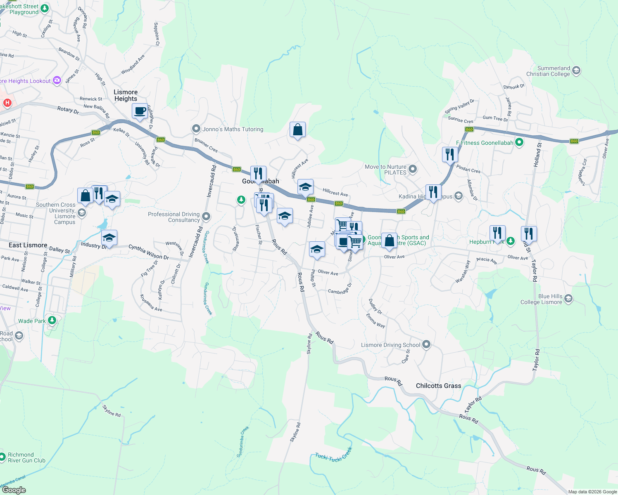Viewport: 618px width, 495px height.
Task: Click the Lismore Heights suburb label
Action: pyautogui.click(x=126, y=95)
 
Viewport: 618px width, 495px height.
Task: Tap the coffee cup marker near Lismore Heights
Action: pyautogui.click(x=140, y=111)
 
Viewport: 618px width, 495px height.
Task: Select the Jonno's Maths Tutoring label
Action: pyautogui.click(x=233, y=129)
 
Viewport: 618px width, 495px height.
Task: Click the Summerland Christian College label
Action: pyautogui.click(x=548, y=71)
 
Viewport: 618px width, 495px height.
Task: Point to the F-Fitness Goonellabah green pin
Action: pyautogui.click(x=519, y=143)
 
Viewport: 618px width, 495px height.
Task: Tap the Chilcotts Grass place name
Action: pyautogui.click(x=438, y=386)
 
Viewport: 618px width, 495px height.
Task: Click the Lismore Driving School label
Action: pyautogui.click(x=390, y=345)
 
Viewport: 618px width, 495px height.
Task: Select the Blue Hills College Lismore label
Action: pyautogui.click(x=541, y=299)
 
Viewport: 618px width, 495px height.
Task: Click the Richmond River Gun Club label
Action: pyautogui.click(x=26, y=457)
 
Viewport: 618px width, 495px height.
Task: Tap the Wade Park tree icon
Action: pyautogui.click(x=52, y=320)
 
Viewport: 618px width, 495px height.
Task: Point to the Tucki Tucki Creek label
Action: pyautogui.click(x=334, y=454)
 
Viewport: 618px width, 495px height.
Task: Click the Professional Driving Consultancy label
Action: pyautogui.click(x=174, y=217)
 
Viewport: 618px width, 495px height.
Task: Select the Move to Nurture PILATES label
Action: pyautogui.click(x=385, y=170)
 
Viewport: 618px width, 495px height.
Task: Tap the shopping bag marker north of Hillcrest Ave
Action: pyautogui.click(x=297, y=130)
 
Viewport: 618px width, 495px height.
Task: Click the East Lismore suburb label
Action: pyautogui.click(x=28, y=245)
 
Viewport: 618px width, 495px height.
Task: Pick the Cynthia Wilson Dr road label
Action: pyautogui.click(x=149, y=252)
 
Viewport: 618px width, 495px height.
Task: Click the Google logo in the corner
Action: pyautogui.click(x=14, y=490)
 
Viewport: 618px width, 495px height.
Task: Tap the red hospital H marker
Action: pyautogui.click(x=7, y=103)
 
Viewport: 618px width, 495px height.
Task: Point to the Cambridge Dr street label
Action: pyautogui.click(x=340, y=289)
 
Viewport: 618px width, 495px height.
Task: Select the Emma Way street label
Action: pyautogui.click(x=376, y=321)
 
